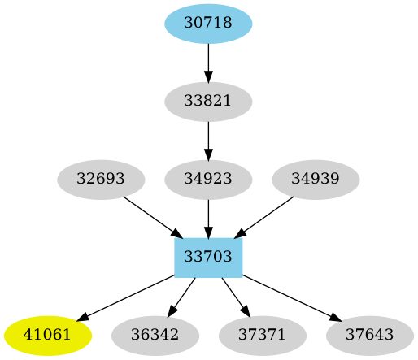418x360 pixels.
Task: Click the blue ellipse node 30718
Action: click(x=208, y=24)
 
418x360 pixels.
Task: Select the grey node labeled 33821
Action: click(x=208, y=102)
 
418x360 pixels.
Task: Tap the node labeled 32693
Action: click(x=101, y=179)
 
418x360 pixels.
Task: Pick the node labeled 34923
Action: click(x=208, y=179)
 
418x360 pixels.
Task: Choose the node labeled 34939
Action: click(x=316, y=179)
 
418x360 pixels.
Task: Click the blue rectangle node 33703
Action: click(x=208, y=257)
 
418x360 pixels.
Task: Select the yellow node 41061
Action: click(x=47, y=334)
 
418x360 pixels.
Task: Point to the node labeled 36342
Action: click(x=155, y=334)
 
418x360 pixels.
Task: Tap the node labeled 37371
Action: click(x=262, y=334)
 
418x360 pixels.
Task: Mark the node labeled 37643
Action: click(x=369, y=334)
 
